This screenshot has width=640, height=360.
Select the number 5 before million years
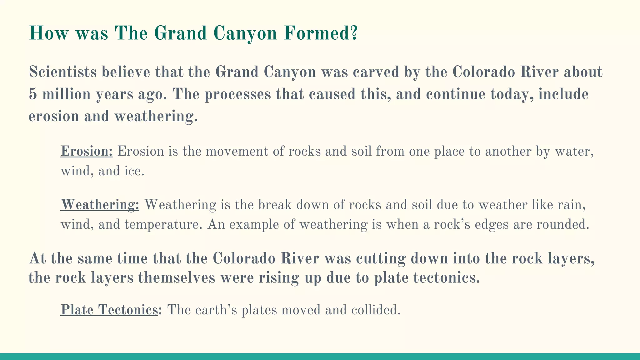[x=32, y=94]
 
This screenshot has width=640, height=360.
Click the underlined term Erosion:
[x=86, y=151]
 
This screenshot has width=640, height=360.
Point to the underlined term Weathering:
[x=100, y=205]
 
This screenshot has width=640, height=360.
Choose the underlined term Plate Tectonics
[x=109, y=310]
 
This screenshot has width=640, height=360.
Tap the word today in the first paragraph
[x=511, y=94]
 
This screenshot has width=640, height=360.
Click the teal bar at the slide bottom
[x=320, y=357]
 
